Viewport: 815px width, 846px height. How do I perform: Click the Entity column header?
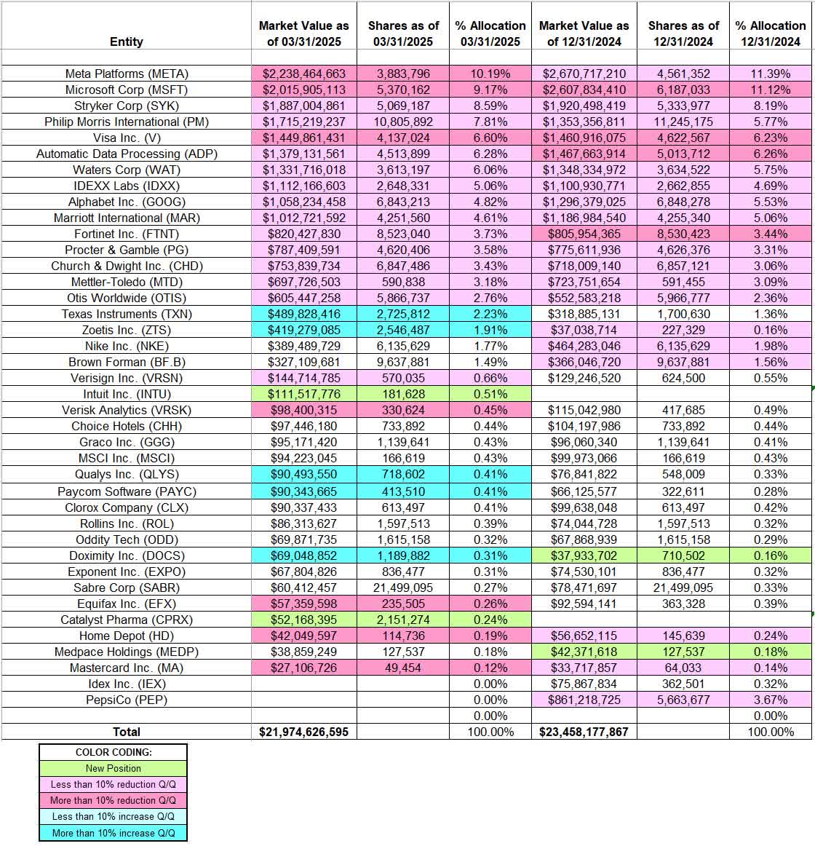tap(126, 41)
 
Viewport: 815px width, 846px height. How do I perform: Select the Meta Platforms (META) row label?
tap(127, 74)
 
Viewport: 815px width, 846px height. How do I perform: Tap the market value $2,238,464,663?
tap(304, 74)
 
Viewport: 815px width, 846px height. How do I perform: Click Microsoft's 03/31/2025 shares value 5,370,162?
tap(403, 90)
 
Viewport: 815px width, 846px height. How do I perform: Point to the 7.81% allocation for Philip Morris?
tap(490, 122)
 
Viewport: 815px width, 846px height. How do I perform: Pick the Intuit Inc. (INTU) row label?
tap(127, 394)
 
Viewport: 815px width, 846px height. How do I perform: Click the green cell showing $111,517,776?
tap(304, 394)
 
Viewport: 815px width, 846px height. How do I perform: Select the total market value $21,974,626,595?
tap(304, 732)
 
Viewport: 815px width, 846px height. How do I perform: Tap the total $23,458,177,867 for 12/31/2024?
tap(584, 732)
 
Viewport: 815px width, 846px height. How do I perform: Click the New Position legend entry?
tap(113, 768)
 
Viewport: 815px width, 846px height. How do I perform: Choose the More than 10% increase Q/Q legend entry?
tap(113, 833)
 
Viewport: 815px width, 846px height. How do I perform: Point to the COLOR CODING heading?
tap(113, 752)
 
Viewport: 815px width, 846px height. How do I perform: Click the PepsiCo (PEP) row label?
tap(127, 700)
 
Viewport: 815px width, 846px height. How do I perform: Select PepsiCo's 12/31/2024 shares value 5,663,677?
tap(683, 700)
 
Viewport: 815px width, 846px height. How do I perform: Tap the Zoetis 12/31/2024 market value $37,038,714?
tap(584, 330)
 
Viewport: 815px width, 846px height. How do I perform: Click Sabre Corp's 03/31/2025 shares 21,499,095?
tap(403, 588)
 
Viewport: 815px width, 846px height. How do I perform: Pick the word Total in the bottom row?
tap(127, 732)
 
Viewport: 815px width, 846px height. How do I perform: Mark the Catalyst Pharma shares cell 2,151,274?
tap(403, 620)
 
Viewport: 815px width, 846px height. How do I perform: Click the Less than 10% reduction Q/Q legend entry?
tap(113, 784)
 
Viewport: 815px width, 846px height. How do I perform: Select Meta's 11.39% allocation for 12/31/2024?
tap(771, 74)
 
